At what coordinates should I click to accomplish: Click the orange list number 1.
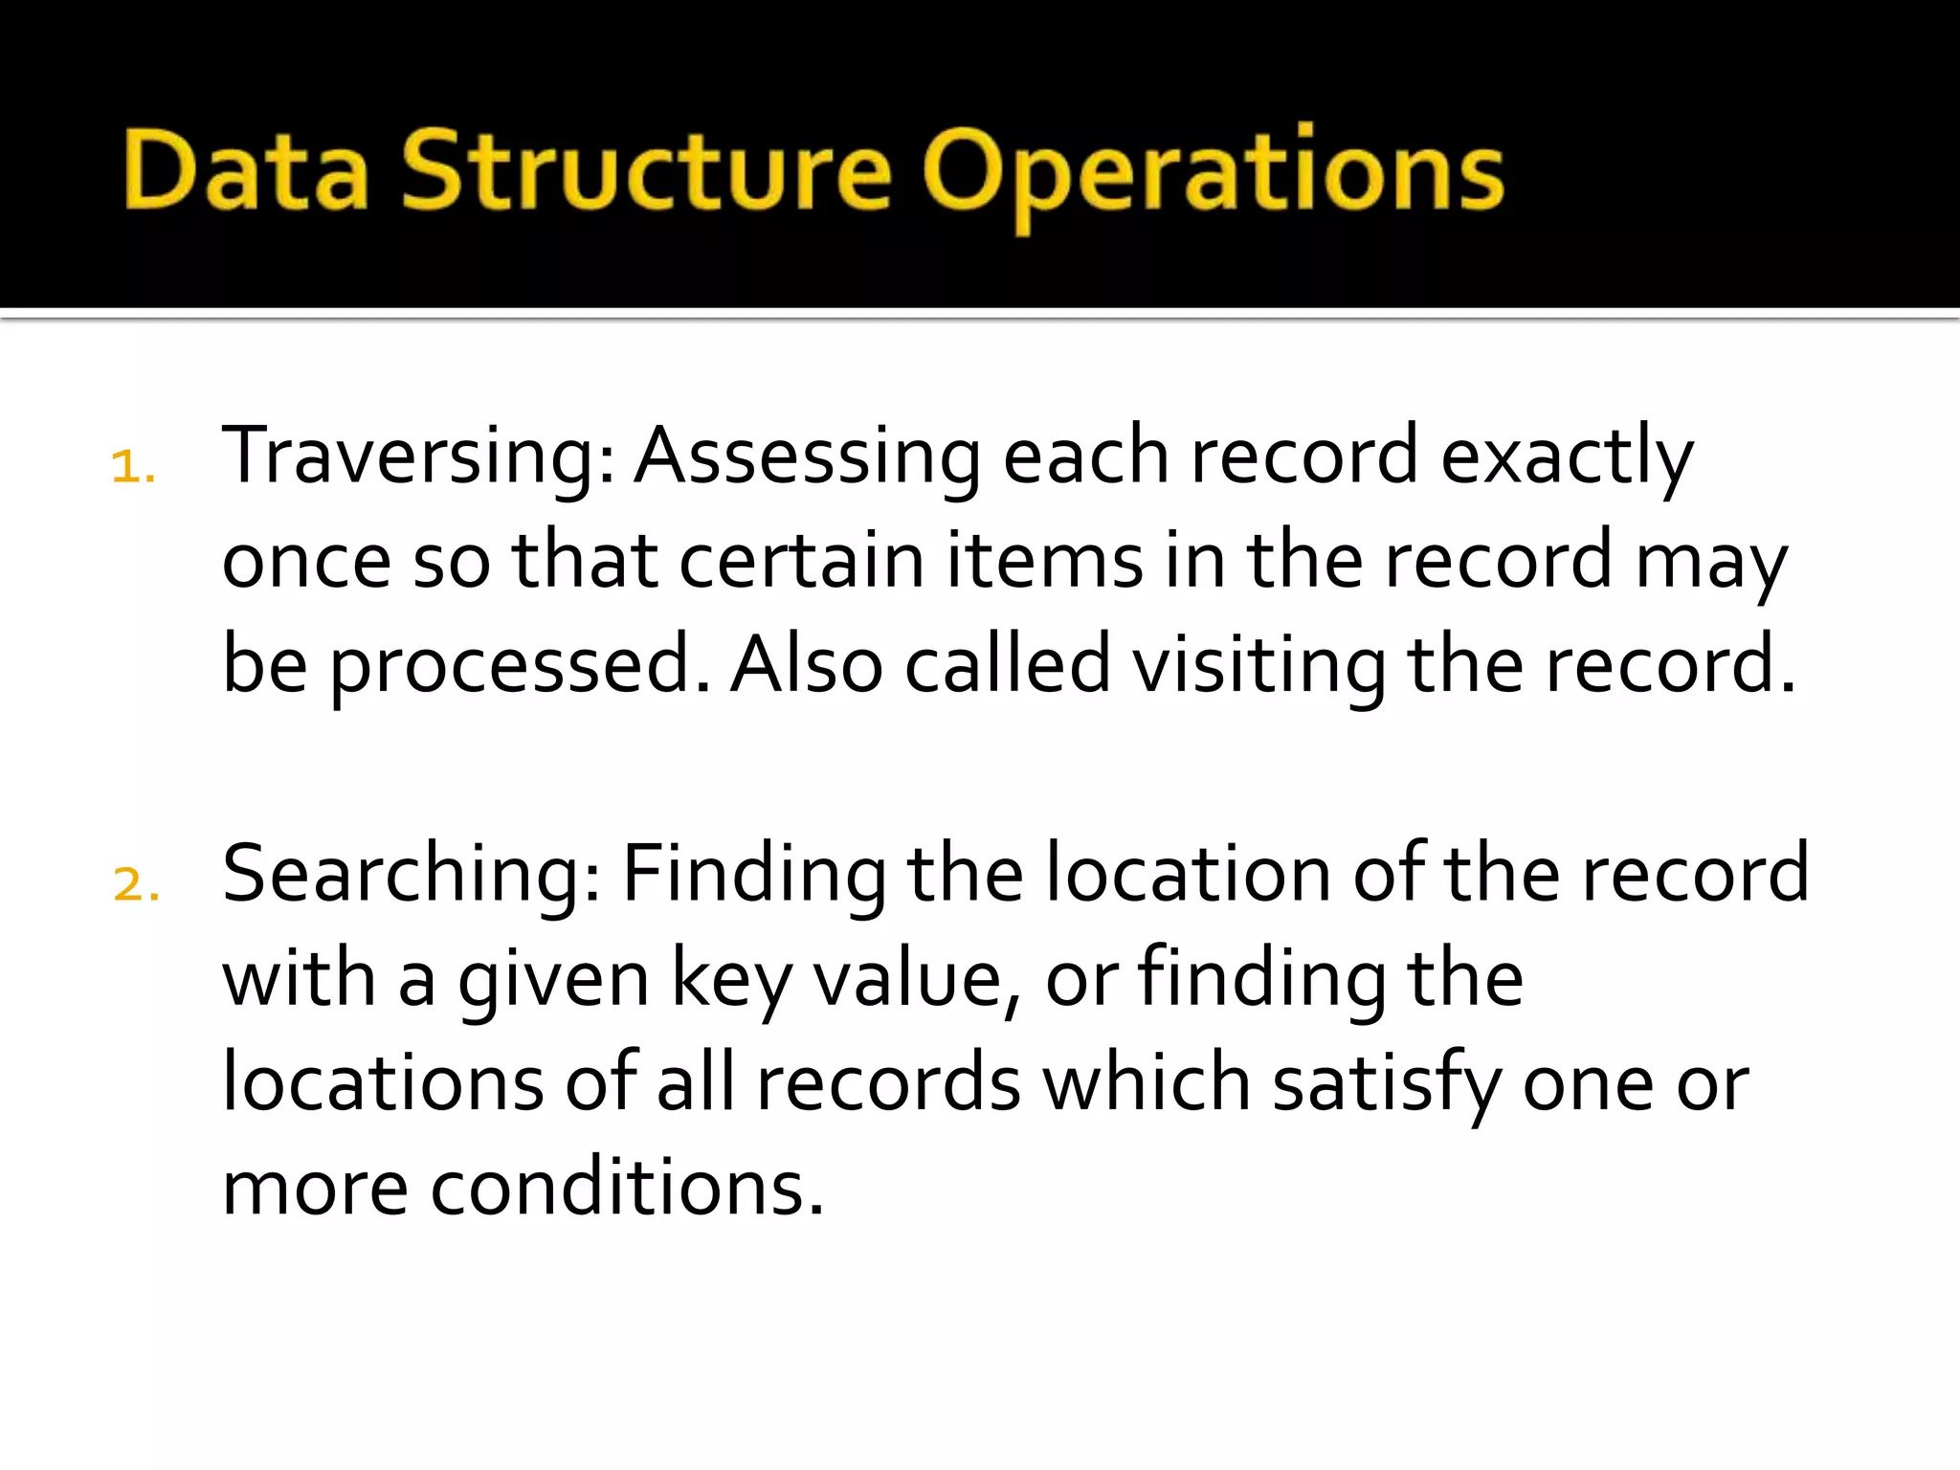pos(132,468)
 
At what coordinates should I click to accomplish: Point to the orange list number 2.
pos(135,884)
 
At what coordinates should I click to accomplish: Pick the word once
pos(306,562)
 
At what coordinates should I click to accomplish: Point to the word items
pos(1044,562)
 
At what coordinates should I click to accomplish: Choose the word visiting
pos(1258,666)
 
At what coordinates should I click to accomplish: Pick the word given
pos(553,980)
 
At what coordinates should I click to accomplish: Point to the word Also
pos(806,666)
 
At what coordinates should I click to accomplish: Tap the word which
pos(1146,1084)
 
